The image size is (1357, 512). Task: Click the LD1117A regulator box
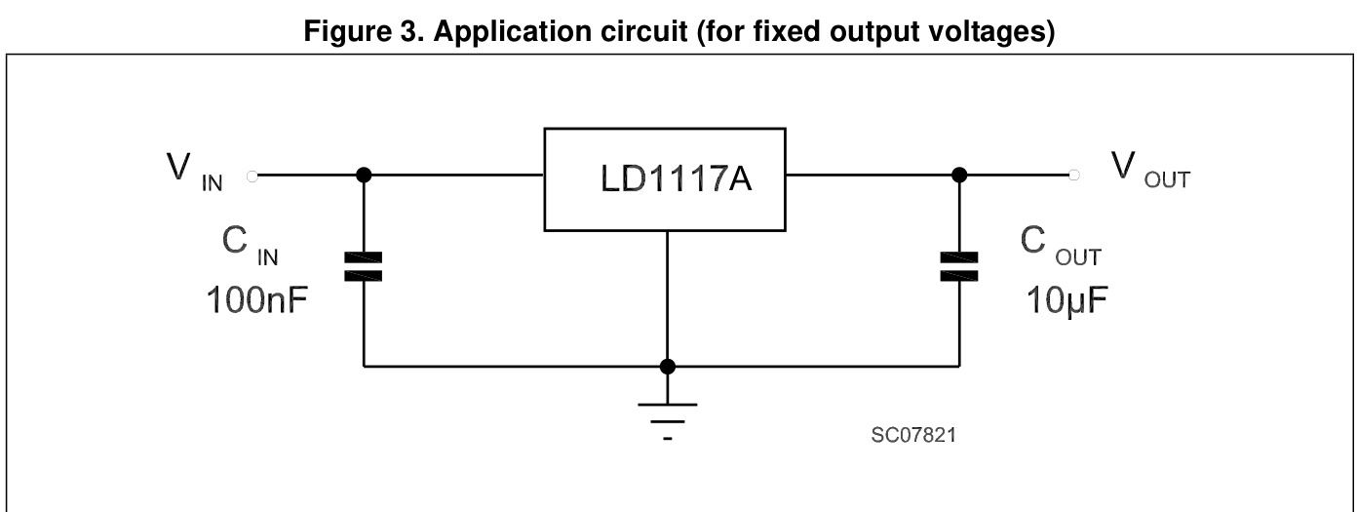tap(665, 179)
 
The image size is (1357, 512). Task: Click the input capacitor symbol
tap(364, 266)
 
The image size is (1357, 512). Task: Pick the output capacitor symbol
tap(959, 266)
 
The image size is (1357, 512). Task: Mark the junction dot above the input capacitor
tap(364, 176)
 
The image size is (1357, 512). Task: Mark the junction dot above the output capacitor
tap(959, 176)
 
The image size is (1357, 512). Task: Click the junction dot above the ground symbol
tap(667, 367)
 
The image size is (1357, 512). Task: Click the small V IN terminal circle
tap(253, 176)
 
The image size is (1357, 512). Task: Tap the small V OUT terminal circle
tap(1074, 176)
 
